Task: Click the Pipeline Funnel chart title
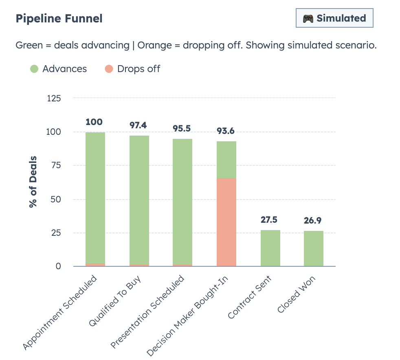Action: point(59,19)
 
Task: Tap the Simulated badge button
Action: point(334,18)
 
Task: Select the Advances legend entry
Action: point(59,69)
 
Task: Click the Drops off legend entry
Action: point(133,69)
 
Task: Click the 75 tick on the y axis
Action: point(56,165)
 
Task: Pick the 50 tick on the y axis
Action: point(56,199)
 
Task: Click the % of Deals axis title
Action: point(33,182)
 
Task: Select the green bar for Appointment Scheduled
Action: point(95,198)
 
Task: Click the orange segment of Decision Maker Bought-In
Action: point(226,222)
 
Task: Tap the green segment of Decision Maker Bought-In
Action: point(226,160)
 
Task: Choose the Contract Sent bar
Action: point(270,248)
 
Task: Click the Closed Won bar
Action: point(314,248)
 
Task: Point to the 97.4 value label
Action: point(138,125)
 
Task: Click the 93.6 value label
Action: point(226,131)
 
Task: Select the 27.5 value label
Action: point(269,220)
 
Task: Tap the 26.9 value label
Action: point(313,221)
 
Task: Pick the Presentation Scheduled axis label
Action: point(148,312)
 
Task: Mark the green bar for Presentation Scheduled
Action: point(182,202)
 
